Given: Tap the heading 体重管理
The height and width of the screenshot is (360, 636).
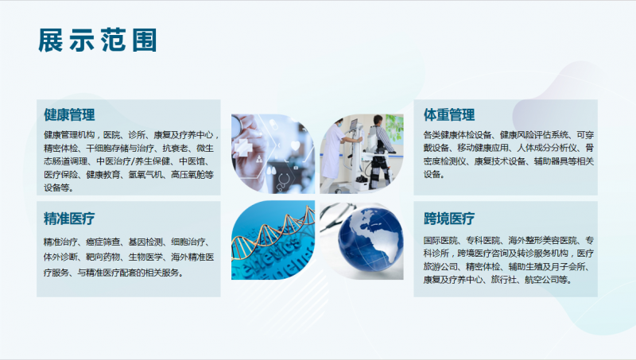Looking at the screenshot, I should [449, 114].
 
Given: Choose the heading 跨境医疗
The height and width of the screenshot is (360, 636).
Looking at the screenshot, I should [449, 219].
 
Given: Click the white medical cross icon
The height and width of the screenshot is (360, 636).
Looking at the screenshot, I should [244, 148].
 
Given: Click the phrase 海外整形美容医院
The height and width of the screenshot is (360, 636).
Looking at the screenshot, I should [542, 240].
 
